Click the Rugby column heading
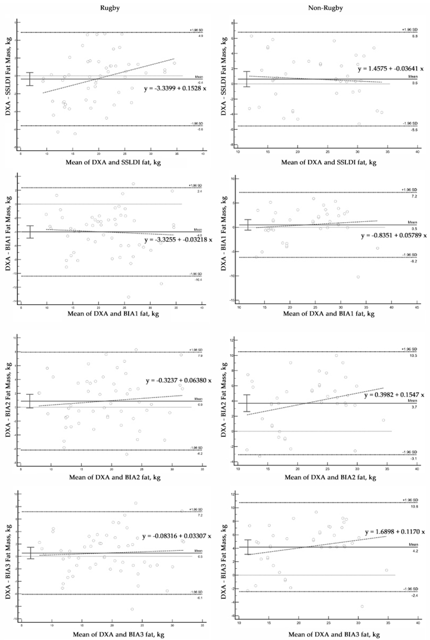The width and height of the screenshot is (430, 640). coord(110,8)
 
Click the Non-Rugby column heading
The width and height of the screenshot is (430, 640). coord(325,8)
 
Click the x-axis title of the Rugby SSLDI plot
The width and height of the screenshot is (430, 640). coord(113,162)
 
